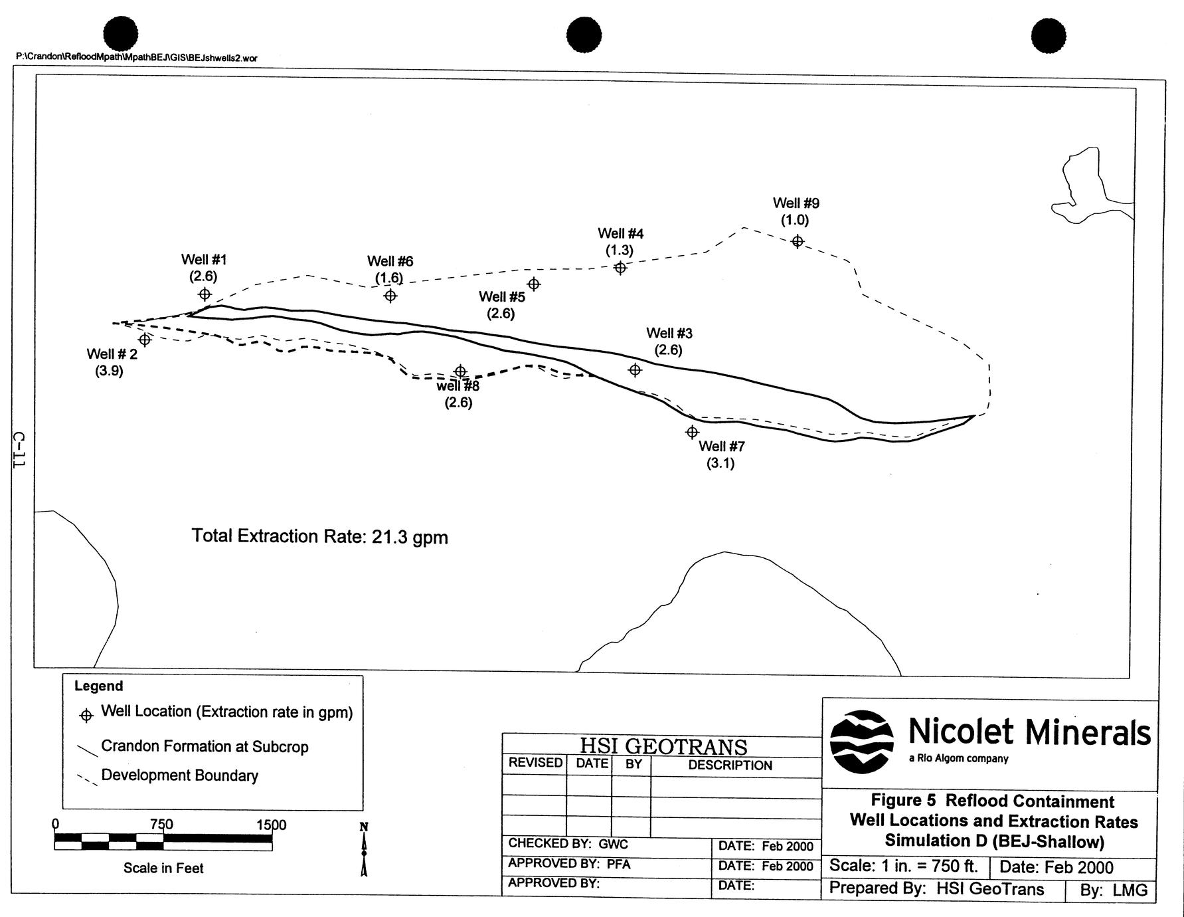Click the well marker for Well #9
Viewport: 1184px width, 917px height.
point(798,241)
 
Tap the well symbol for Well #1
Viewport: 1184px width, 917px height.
point(205,294)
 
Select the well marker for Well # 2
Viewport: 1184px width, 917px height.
point(145,340)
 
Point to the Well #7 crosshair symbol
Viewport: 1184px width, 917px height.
point(692,432)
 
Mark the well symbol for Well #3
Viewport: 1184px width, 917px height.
point(635,369)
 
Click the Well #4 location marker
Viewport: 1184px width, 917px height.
point(620,268)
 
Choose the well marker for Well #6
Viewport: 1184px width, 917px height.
point(390,295)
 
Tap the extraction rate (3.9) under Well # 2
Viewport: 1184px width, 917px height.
point(109,371)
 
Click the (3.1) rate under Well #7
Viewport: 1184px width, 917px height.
point(720,463)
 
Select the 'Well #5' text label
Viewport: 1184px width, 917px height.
point(502,296)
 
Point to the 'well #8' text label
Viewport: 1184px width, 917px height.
point(458,385)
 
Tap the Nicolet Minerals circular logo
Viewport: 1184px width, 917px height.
point(862,742)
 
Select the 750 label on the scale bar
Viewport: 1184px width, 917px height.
point(161,825)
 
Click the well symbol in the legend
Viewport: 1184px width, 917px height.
point(86,716)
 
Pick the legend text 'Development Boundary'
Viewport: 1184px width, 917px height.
point(179,775)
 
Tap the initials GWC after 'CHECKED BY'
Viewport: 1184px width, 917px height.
point(613,844)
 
